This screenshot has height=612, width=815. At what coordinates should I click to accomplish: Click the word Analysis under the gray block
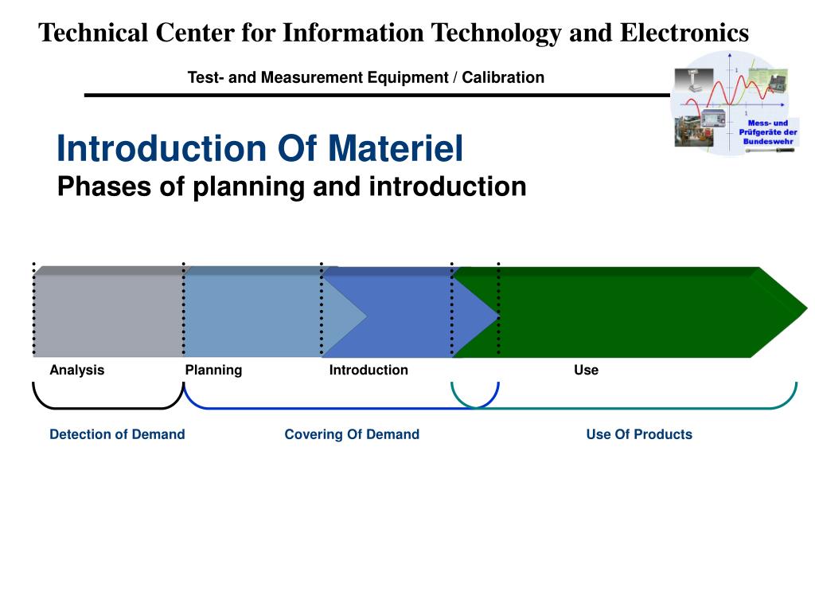point(77,370)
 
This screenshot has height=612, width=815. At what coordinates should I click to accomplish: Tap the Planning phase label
point(213,370)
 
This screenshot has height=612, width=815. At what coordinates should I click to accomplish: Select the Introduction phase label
point(369,370)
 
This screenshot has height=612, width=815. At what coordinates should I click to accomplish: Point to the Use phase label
point(586,370)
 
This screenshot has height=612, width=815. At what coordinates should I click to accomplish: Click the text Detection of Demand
point(117,434)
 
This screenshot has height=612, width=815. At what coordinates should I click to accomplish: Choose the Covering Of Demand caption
point(352,434)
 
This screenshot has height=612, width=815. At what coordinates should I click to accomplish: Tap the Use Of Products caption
point(639,434)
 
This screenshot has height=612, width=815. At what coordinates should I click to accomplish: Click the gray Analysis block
point(108,316)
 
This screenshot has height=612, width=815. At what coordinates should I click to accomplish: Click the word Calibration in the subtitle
point(503,77)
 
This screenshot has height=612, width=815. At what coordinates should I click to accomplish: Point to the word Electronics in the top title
point(684,33)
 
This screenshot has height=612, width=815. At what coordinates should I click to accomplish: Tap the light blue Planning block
point(252,316)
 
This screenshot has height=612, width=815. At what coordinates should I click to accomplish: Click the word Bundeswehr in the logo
point(769,141)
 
